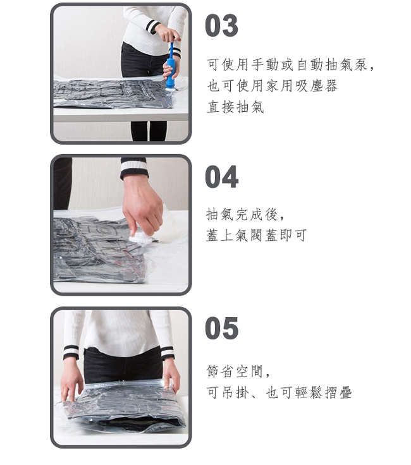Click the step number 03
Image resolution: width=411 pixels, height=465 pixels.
tap(221, 25)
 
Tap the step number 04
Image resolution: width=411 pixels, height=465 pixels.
tap(221, 177)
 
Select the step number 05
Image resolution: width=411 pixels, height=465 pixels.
tap(221, 328)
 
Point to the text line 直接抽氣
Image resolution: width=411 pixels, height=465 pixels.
tap(235, 107)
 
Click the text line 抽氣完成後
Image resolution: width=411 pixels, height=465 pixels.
tap(245, 214)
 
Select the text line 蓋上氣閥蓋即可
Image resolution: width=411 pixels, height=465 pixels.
tap(256, 235)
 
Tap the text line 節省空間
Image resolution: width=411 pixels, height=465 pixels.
tap(238, 371)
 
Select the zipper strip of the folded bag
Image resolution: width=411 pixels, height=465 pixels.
tap(125, 384)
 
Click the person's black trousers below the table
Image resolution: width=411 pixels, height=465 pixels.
tap(149, 131)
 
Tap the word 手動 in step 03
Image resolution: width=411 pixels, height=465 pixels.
tap(265, 64)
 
